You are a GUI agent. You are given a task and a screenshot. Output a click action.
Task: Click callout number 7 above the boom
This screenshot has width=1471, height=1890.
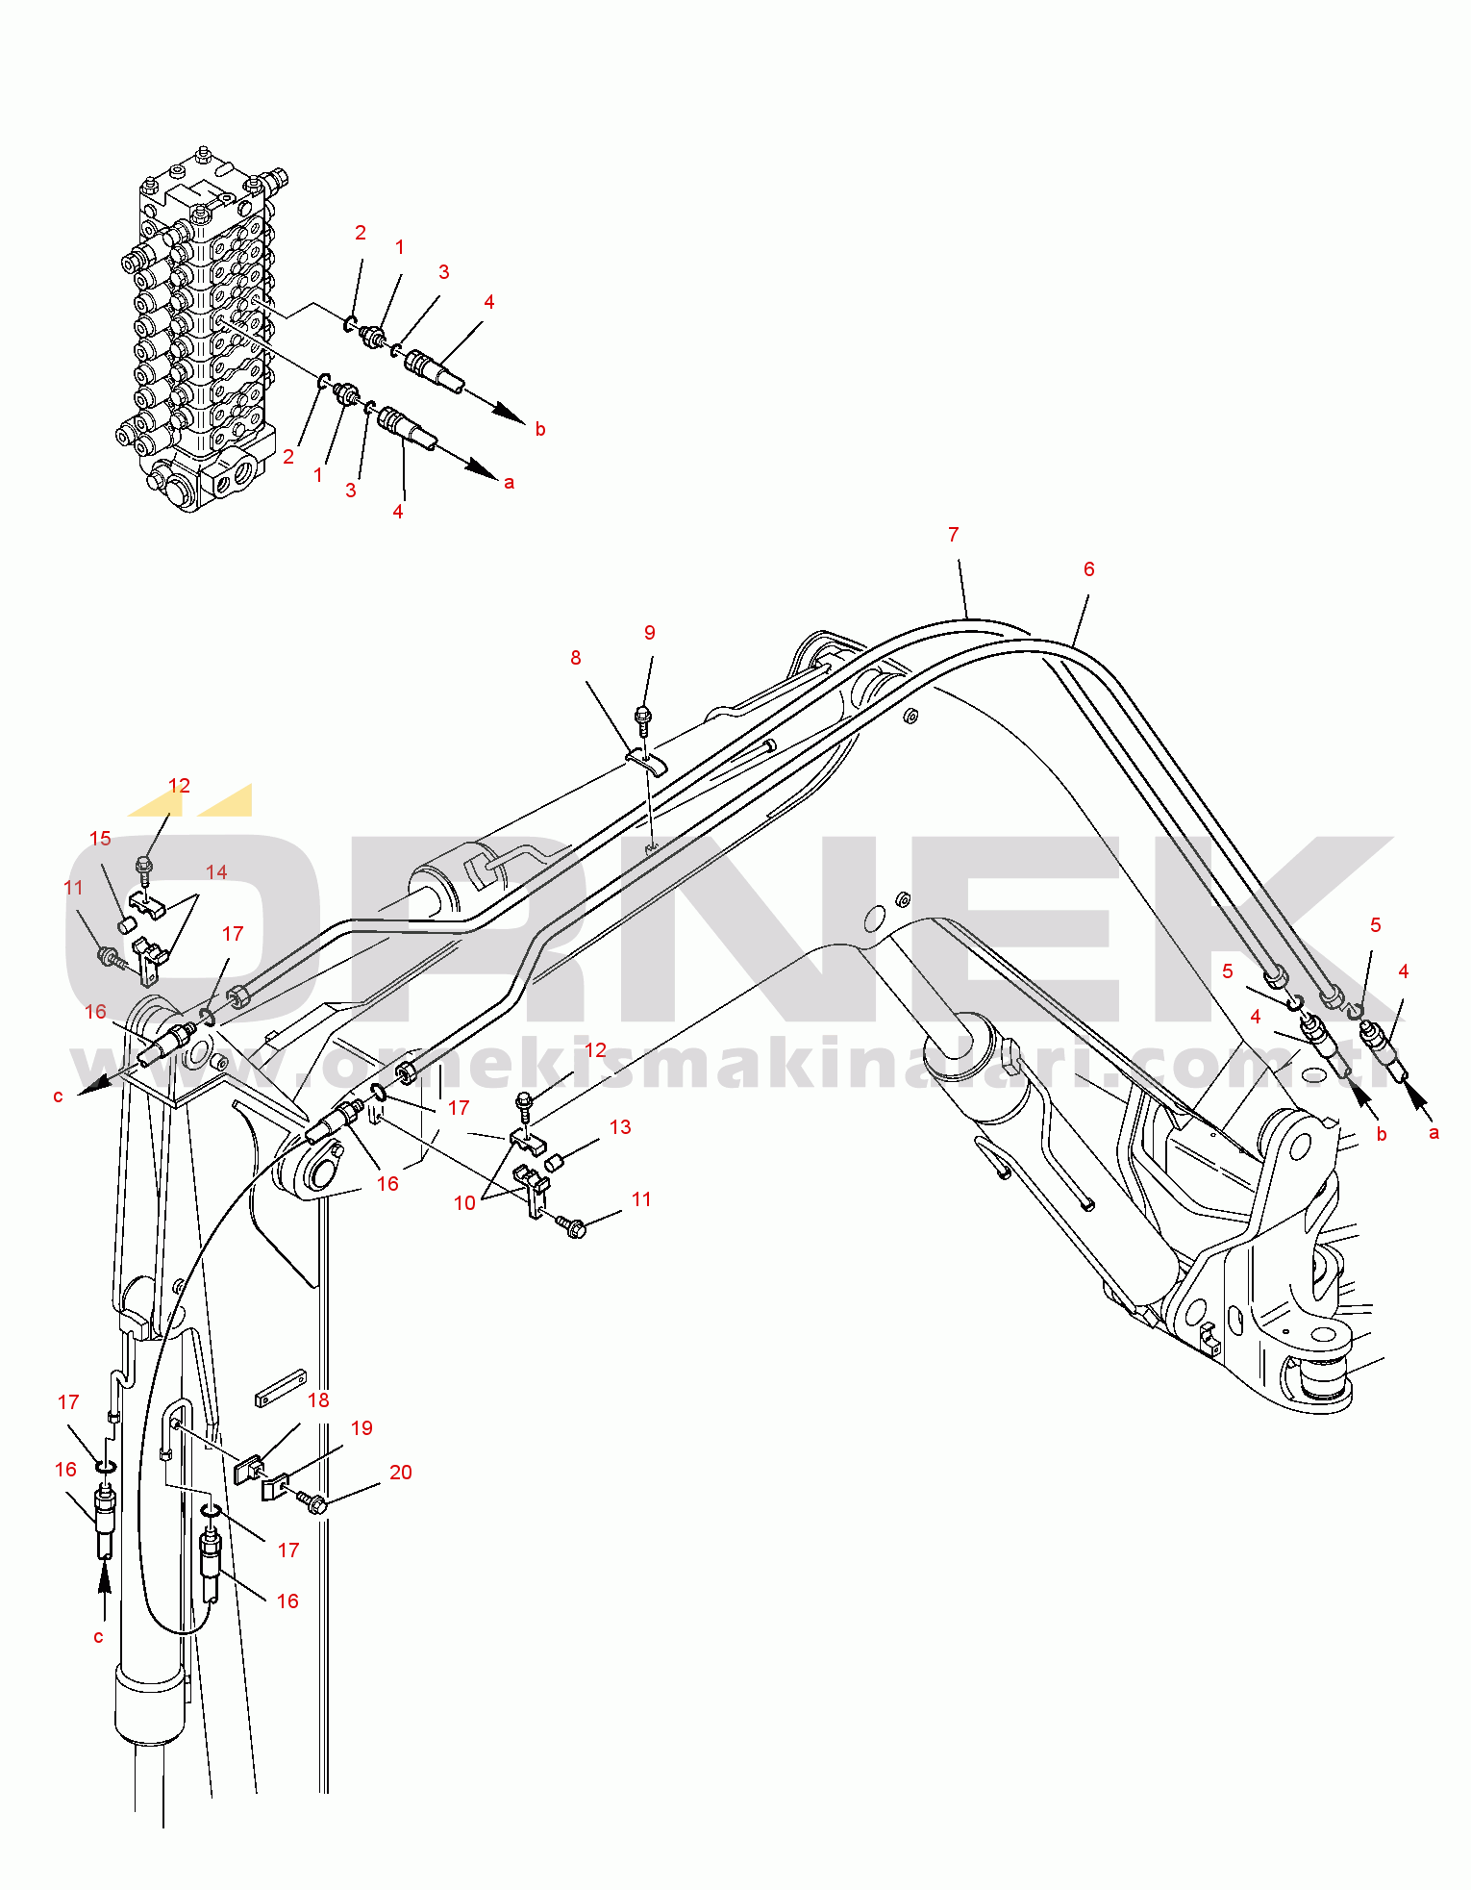tap(953, 535)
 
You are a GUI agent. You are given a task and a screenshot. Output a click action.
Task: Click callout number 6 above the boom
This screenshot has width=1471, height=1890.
tap(1088, 569)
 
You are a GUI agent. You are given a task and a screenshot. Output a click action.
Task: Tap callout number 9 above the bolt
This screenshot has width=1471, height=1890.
tap(650, 633)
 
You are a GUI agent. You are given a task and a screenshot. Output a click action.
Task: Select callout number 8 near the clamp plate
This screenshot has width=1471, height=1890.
tap(575, 658)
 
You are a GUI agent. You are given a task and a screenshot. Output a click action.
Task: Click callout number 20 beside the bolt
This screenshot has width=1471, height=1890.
tap(400, 1473)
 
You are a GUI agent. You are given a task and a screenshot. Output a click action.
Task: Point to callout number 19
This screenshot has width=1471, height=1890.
tap(362, 1428)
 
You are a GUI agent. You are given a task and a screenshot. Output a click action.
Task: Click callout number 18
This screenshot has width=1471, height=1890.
tap(318, 1400)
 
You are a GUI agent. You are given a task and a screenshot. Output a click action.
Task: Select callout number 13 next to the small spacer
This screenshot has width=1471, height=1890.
tap(620, 1127)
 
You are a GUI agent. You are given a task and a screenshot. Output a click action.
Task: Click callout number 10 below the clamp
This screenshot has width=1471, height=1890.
tap(464, 1203)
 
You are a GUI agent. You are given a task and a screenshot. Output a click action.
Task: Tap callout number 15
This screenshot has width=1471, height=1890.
tap(100, 839)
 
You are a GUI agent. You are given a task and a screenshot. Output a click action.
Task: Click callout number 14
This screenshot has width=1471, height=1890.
tap(216, 872)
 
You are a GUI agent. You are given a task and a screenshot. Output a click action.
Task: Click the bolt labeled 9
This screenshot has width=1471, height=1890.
tap(643, 717)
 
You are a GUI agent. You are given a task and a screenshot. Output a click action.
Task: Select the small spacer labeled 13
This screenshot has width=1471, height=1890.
tap(554, 1164)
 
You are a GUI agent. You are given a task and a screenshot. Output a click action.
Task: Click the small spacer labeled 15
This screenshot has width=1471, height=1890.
tap(124, 925)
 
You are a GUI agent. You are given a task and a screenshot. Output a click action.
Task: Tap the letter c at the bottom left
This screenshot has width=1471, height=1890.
tap(98, 1637)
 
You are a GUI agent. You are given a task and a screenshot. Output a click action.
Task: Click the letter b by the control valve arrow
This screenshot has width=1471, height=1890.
tap(540, 430)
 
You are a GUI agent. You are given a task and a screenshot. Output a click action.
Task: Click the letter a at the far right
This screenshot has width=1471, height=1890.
tap(1434, 1133)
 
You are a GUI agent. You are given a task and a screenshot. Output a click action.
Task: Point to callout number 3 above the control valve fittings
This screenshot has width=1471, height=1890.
tap(443, 272)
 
